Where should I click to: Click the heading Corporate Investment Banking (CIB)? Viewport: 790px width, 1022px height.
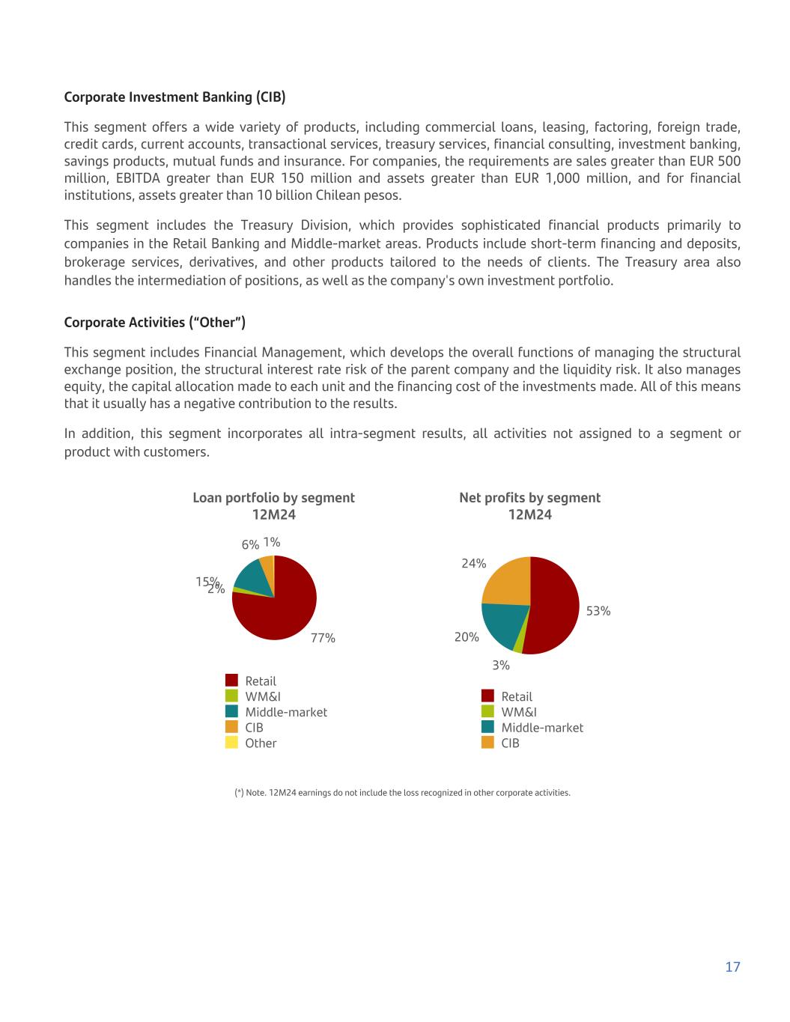coord(174,97)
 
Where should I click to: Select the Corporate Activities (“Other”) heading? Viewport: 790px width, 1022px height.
coord(155,323)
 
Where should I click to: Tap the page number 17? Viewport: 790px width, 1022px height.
coord(732,967)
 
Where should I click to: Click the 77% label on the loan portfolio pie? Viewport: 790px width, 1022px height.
coord(323,638)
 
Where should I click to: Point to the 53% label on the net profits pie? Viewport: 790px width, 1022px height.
coord(598,611)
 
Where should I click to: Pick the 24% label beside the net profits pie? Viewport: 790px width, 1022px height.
coord(474,563)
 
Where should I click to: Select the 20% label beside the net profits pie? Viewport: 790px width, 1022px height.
coord(467,637)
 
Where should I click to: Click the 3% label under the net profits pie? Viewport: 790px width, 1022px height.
coord(501,665)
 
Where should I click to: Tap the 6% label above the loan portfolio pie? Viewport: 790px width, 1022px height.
coord(250,544)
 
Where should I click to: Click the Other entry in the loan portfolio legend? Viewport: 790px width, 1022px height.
coord(261,743)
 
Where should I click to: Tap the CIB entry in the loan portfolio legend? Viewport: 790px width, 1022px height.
coord(254,728)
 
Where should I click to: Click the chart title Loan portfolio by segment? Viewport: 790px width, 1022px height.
coord(273,498)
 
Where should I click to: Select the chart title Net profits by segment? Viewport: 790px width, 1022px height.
coord(529,498)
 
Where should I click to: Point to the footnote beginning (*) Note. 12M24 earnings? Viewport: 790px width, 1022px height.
coord(402,792)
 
